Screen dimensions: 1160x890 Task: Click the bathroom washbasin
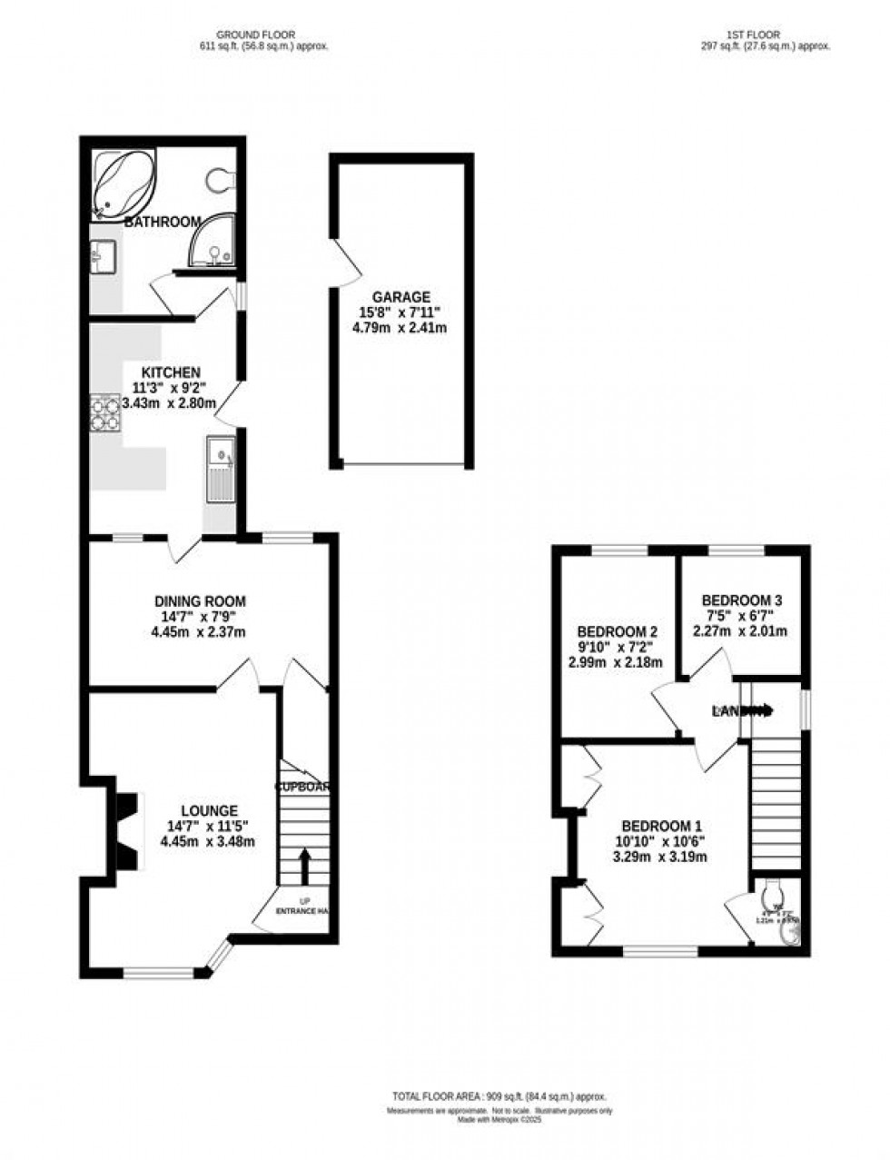pyautogui.click(x=102, y=256)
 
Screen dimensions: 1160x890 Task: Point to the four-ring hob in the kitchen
pyautogui.click(x=104, y=413)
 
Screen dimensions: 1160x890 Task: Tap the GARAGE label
pyautogui.click(x=400, y=297)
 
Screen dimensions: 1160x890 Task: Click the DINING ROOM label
pyautogui.click(x=200, y=601)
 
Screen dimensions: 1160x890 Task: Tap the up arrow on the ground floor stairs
pyautogui.click(x=304, y=866)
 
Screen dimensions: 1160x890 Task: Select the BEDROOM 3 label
pyautogui.click(x=741, y=600)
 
